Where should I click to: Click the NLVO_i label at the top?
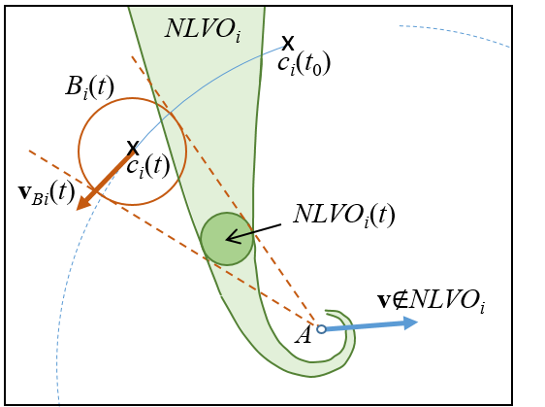[203, 29]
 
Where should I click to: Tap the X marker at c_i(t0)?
[288, 43]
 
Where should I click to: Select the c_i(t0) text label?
[304, 65]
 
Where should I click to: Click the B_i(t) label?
[89, 87]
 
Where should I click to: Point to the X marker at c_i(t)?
[133, 148]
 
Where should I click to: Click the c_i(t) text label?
[148, 166]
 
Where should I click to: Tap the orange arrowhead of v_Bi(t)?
[82, 203]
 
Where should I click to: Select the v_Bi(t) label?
[47, 193]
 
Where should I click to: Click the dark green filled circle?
[227, 239]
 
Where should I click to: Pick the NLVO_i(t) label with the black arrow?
[344, 215]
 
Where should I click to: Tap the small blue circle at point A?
[322, 329]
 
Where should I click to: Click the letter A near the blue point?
[304, 336]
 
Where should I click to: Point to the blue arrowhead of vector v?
[410, 322]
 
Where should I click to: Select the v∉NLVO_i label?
[431, 301]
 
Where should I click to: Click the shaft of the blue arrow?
[365, 326]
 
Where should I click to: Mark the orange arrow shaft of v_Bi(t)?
[112, 174]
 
